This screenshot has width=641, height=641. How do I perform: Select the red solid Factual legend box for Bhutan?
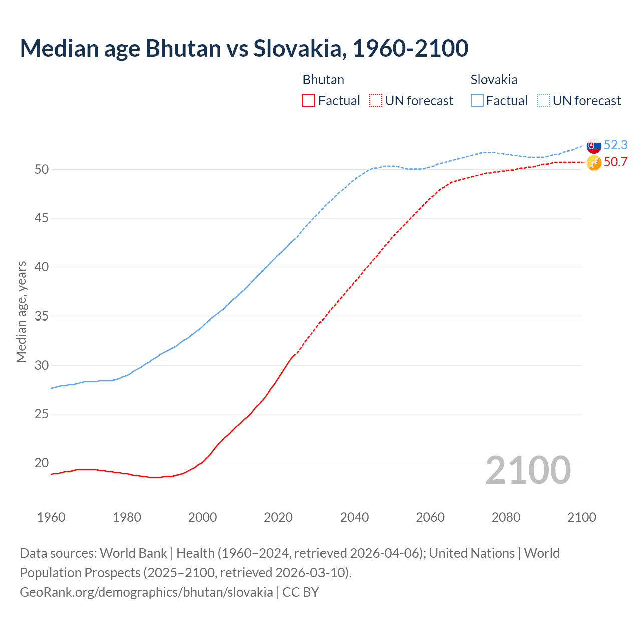(309, 101)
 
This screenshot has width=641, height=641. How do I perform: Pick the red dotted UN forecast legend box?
(376, 101)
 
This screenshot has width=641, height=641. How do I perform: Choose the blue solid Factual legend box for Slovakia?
(477, 101)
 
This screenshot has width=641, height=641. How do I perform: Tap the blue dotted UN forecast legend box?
(544, 101)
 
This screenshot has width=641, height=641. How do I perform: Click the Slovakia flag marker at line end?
(594, 146)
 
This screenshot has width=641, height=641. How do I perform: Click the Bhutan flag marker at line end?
(594, 163)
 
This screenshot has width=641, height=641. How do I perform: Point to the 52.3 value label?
(615, 145)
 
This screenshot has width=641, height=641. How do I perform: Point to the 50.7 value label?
(615, 162)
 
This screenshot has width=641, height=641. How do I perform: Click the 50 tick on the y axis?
(42, 170)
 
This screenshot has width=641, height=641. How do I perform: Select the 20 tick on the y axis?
(42, 463)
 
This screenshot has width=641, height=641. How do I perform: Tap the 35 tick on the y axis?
(42, 316)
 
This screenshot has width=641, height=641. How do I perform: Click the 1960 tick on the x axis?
(51, 517)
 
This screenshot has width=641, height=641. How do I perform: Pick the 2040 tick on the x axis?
(354, 517)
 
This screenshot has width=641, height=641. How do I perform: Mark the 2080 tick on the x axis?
(506, 517)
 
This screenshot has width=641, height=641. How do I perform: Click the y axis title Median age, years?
(21, 311)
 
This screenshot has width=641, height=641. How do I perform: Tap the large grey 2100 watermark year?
(528, 470)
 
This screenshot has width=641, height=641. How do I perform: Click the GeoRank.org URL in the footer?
(146, 592)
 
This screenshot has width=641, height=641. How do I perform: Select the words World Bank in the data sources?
(133, 553)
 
